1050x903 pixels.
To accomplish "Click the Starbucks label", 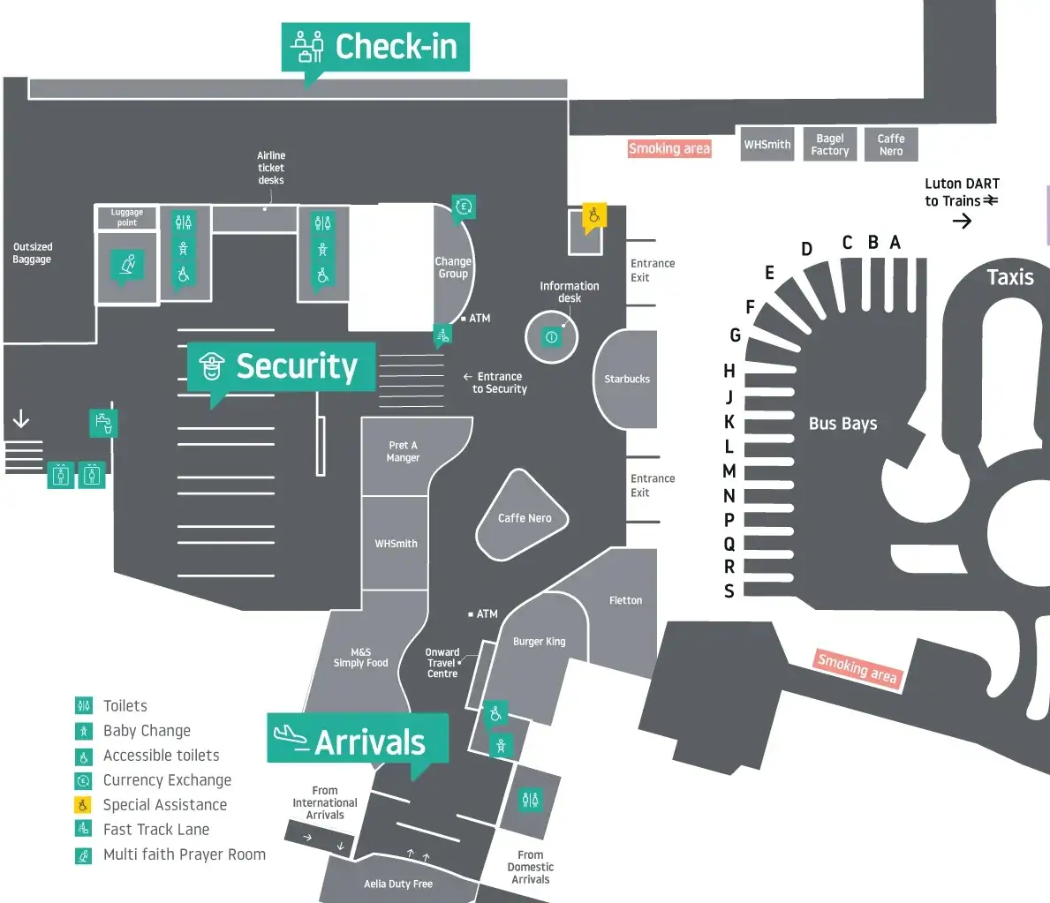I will coord(627,379).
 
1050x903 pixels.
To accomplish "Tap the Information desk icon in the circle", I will coord(552,336).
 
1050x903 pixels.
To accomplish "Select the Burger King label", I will coord(539,642).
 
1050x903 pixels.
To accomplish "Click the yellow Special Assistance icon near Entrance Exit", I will coord(594,215).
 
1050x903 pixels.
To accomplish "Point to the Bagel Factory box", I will coord(830,145).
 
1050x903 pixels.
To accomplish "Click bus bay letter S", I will coord(729,591).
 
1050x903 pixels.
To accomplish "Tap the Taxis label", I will coord(1009,277).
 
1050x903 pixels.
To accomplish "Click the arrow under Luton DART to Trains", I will coord(962,221).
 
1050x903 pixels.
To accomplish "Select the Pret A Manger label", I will coord(403,452).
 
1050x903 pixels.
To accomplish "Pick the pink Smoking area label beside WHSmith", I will coord(669,149).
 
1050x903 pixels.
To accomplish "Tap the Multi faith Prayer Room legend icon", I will coord(84,854).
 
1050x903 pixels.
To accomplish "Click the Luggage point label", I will coord(126,217).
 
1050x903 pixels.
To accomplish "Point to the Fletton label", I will coord(625,600).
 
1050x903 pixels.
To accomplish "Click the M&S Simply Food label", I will coord(360,658).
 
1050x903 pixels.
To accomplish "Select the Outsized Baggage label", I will coord(33,253).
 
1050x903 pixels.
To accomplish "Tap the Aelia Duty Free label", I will coord(398,884).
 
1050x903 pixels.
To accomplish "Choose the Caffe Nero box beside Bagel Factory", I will coord(891,145).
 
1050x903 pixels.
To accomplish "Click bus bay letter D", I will coord(806,249).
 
